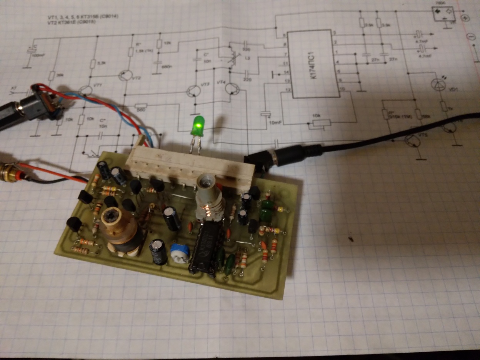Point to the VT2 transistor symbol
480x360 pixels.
125,76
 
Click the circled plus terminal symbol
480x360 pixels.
465,18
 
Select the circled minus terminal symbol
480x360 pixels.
470,37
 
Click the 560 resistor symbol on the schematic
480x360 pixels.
142,106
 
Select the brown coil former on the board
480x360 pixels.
119,231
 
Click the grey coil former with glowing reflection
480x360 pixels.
209,200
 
